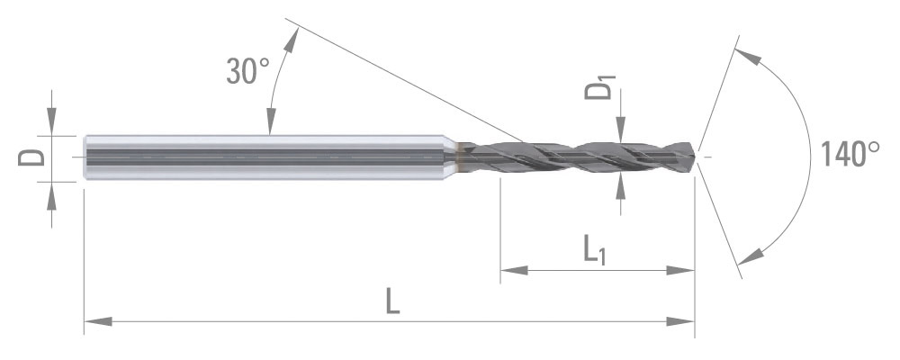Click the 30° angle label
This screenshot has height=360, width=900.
(248, 71)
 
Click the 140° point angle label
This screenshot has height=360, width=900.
(850, 153)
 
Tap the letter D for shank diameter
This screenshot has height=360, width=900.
(31, 157)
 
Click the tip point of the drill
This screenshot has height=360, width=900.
(697, 156)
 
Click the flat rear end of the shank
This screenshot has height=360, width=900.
(85, 157)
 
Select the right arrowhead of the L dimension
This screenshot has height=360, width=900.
(680, 321)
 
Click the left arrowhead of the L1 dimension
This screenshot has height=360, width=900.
(514, 270)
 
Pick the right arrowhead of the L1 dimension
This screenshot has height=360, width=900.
(680, 270)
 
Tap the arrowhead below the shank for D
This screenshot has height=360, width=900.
(51, 196)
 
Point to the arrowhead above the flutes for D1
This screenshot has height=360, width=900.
(620, 129)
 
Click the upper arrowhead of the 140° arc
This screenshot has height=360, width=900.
(748, 56)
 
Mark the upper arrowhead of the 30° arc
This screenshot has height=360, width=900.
(292, 40)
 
